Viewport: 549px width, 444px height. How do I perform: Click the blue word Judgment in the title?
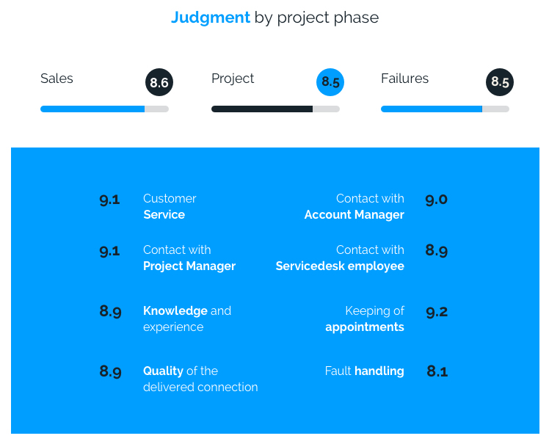pos(211,18)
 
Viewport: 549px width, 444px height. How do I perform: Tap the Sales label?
pos(57,79)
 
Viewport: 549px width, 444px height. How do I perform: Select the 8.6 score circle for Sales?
pos(159,82)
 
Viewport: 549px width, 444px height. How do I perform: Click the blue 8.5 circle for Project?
pos(330,82)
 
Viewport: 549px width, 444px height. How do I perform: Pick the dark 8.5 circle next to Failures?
pos(500,82)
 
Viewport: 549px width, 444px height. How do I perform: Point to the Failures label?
pos(404,79)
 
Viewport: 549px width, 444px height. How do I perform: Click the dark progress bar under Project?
pos(262,109)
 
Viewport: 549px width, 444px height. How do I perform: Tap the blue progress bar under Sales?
pos(92,109)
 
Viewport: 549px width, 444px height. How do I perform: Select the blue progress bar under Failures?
pos(432,109)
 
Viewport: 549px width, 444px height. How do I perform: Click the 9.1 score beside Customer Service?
pos(109,200)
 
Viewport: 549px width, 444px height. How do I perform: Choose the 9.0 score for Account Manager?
pos(436,200)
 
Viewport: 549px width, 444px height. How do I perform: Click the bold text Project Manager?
pos(189,266)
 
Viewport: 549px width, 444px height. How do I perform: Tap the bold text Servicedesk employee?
pos(340,266)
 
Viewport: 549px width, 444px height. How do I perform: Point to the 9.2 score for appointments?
pos(437,312)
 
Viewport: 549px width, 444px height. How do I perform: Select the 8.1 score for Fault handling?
pos(437,371)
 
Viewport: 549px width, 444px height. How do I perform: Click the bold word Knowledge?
pos(175,311)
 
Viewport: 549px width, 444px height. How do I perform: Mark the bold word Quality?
pos(163,371)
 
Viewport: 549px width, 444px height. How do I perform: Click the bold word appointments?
pos(365,327)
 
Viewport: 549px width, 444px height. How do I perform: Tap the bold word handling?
pos(379,371)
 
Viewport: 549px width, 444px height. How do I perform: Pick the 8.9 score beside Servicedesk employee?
pos(437,251)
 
